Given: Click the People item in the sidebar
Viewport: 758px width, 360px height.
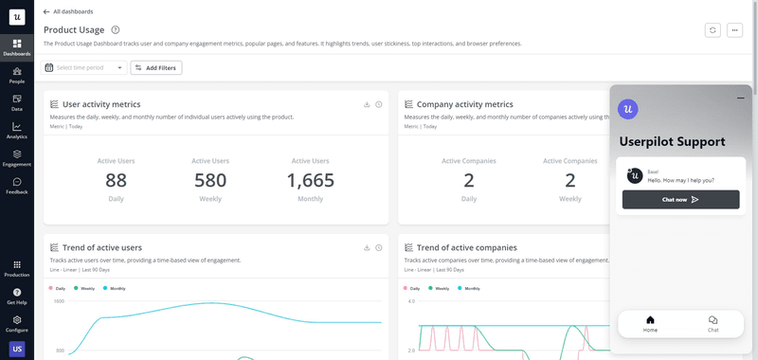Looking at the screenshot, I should click(17, 74).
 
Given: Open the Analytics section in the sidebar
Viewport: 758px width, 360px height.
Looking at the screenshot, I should click(17, 129).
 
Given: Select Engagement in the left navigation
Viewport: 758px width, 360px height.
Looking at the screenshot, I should click(17, 156).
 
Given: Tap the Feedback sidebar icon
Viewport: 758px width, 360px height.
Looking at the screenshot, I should click(17, 184).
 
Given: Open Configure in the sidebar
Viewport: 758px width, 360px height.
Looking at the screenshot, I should click(17, 322).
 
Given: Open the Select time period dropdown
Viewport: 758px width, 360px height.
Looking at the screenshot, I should click(84, 67).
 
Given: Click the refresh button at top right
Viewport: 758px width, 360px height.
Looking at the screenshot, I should click(713, 30).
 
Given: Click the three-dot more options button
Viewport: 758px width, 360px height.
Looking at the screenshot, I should click(735, 30).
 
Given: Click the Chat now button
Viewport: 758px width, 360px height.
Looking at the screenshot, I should click(680, 200).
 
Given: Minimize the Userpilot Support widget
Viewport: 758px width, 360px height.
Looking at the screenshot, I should click(740, 99).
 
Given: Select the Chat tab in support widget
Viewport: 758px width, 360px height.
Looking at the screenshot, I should click(713, 323).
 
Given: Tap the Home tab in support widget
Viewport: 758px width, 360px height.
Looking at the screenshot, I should click(650, 323).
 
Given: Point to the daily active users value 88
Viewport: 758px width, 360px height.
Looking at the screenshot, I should click(116, 180).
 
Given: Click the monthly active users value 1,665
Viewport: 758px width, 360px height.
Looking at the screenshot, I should click(310, 180).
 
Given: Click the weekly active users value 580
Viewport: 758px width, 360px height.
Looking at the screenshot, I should click(210, 180).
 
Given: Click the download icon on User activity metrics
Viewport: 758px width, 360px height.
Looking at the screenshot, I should click(366, 104).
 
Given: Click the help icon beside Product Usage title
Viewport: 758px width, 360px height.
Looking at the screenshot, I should click(116, 30).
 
